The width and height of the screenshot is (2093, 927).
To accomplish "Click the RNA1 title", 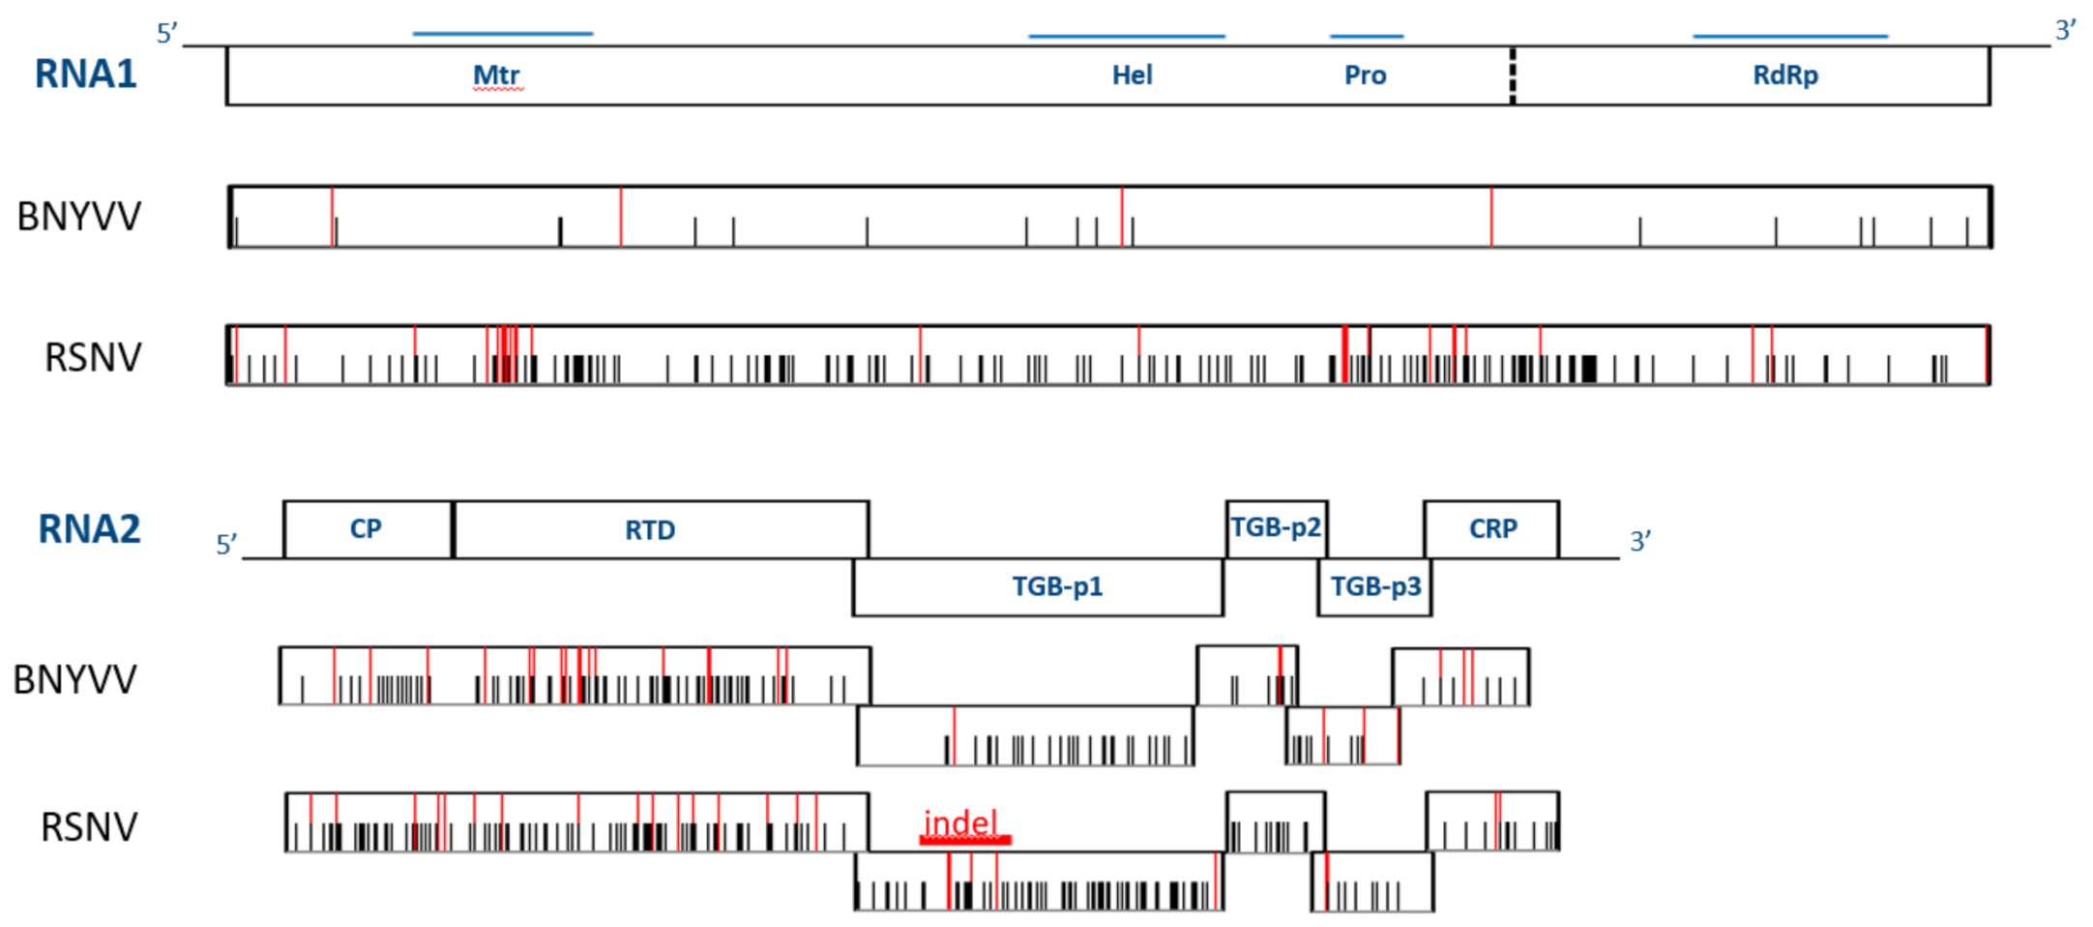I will coord(85,75).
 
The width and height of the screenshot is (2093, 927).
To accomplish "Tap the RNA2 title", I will coord(89,529).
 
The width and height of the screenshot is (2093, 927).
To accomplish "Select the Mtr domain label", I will coord(496,75).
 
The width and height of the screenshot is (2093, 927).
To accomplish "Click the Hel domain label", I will coord(1132,75).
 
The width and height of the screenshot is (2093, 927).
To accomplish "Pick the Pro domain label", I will coord(1365,75).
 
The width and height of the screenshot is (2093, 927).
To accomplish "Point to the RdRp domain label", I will coord(1785,75).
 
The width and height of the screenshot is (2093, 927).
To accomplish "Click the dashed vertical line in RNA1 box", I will coord(1513,75).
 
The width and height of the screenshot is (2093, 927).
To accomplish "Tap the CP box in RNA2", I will coord(367,529).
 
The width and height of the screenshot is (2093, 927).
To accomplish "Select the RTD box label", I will coord(649,530).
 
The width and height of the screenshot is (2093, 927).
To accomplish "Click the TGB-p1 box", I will coord(1056,586).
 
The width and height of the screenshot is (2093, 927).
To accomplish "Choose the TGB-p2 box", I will coord(1276,528).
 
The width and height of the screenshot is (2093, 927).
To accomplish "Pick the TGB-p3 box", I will coord(1375,586).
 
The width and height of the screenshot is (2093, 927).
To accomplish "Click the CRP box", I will coord(1492,529).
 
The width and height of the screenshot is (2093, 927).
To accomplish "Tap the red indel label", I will coord(960,823).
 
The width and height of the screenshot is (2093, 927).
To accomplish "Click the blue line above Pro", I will coord(1366,37).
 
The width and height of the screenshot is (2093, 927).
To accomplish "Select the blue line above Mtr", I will coord(502,34).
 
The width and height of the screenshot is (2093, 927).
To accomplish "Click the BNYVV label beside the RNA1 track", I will coord(79,217).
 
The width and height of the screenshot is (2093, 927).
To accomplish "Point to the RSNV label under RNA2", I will coord(89,827).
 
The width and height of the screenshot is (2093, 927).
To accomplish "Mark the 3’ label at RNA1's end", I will coord(2065,31).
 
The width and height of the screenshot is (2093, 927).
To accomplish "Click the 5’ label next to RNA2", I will coord(226,545).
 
